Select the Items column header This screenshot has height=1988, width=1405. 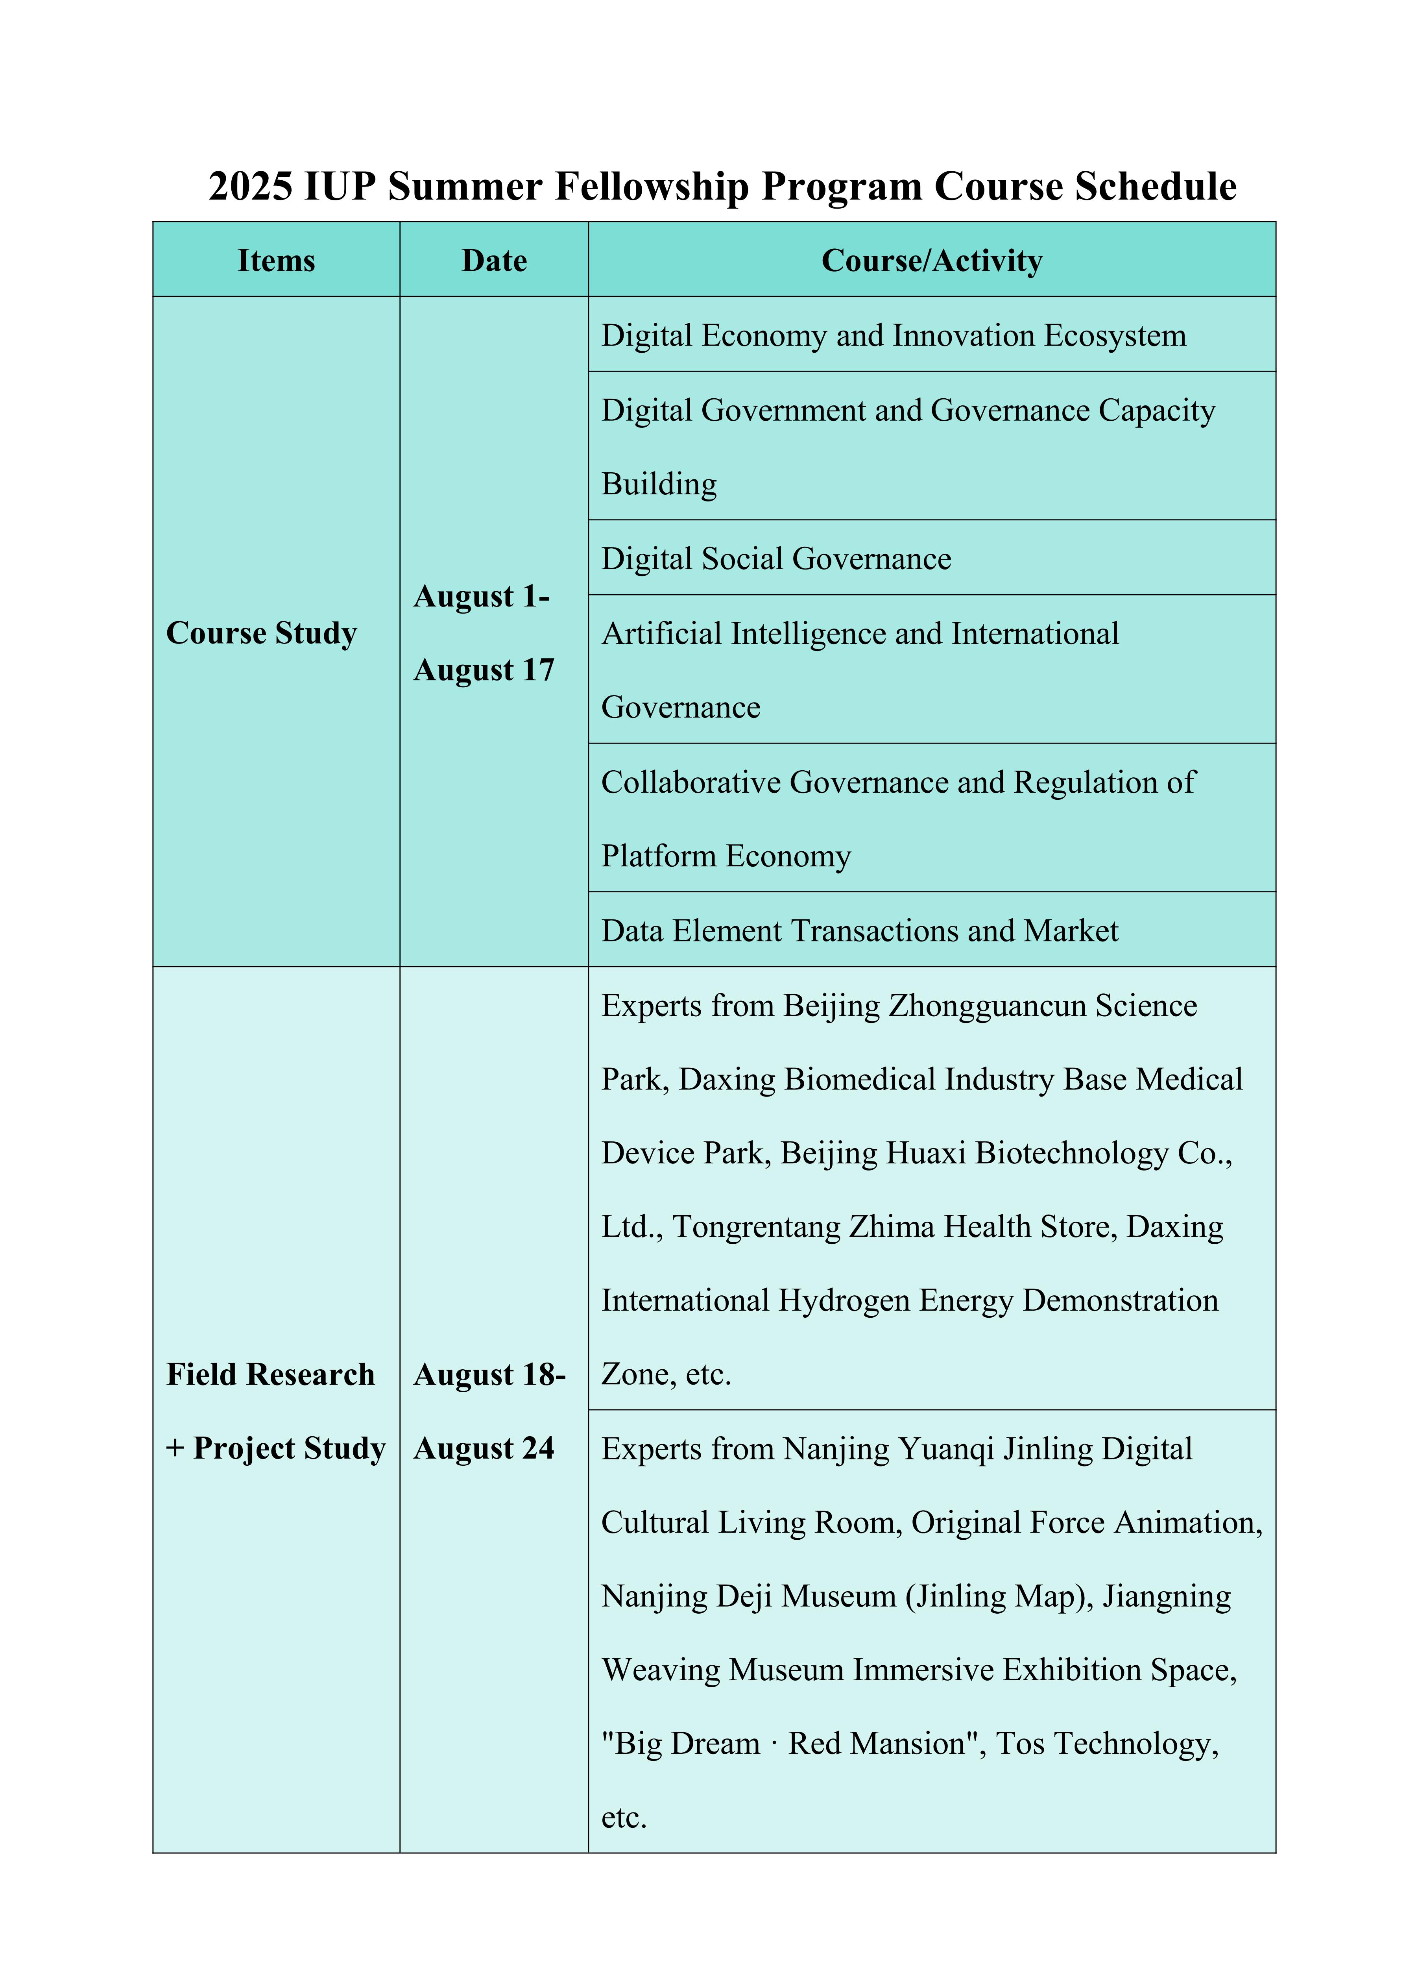coord(276,261)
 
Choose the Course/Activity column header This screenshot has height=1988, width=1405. coord(931,261)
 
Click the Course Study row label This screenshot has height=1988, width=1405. coord(261,633)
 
